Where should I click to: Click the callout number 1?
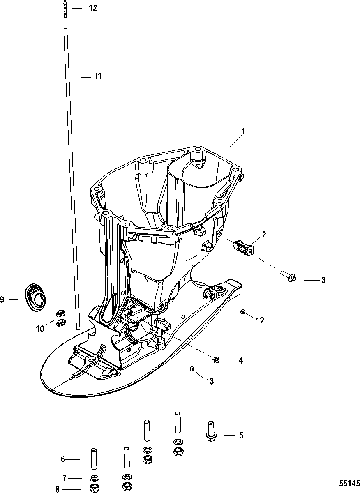(x=243, y=132)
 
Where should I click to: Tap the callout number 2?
(x=264, y=235)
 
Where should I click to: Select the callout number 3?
(x=323, y=280)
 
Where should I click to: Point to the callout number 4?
(x=241, y=360)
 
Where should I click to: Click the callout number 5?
(x=241, y=435)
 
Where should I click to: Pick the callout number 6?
(x=63, y=459)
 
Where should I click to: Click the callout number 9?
(x=2, y=299)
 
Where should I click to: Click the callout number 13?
(x=210, y=381)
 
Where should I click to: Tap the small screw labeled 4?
(x=216, y=359)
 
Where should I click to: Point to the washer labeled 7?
(x=94, y=478)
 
